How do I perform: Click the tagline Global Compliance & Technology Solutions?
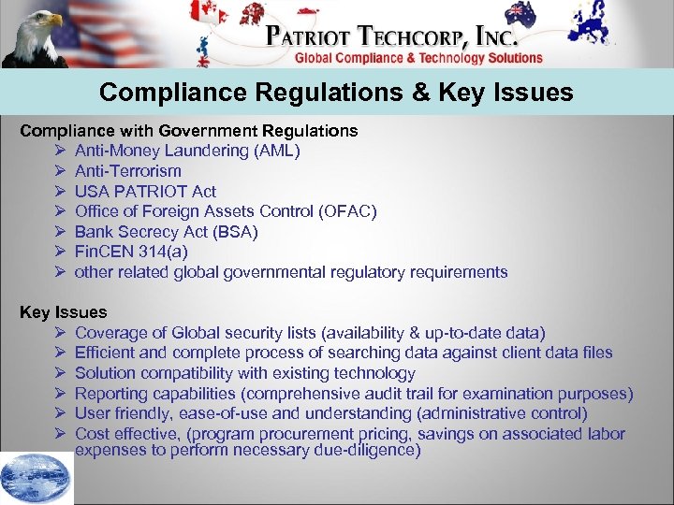pos(418,58)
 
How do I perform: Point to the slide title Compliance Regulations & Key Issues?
pos(336,93)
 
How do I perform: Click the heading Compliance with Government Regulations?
pos(189,130)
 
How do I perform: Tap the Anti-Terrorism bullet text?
pos(128,171)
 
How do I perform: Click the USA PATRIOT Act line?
pos(145,191)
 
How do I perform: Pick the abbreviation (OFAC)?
pos(348,211)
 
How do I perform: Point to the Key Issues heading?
pos(64,312)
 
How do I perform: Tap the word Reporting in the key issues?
pos(110,394)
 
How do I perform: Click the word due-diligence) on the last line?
pos(364,451)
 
